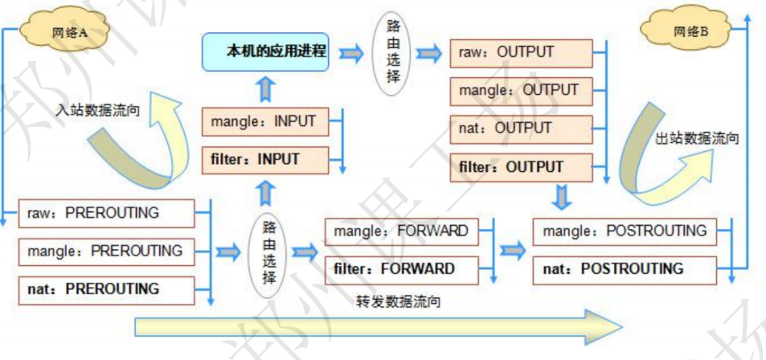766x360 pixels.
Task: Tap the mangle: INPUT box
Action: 264,123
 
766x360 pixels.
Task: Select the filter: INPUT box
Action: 264,160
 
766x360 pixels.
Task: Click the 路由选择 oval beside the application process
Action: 392,53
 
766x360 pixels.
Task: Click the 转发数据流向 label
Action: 399,303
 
